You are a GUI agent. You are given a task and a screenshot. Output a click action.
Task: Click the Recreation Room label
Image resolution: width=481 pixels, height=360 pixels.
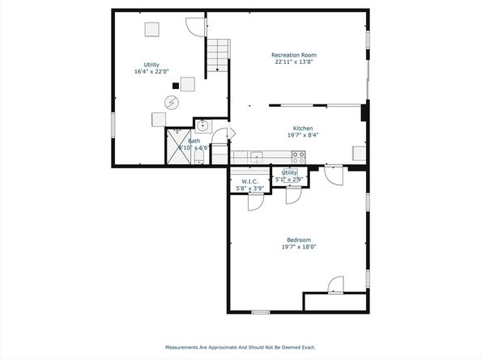point(294,55)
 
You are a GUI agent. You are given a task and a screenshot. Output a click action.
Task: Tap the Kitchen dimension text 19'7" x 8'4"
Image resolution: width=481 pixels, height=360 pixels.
point(303,135)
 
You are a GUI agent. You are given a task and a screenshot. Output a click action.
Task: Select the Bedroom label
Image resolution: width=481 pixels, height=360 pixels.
point(299,240)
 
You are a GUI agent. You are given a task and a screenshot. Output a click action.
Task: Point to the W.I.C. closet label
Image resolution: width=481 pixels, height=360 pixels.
point(249,182)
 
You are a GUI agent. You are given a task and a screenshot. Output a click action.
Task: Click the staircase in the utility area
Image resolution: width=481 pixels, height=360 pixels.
point(218,55)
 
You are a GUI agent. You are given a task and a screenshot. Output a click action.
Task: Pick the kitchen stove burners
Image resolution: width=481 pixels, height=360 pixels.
point(299,157)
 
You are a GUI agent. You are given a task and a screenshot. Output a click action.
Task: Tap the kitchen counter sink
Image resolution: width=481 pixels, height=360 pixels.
point(256,157)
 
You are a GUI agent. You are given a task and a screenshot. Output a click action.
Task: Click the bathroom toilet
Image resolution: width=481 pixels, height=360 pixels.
point(199,157)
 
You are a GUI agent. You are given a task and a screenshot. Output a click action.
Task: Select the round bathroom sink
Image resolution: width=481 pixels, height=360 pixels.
point(202,125)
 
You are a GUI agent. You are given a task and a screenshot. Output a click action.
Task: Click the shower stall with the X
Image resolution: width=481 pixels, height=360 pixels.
point(178,146)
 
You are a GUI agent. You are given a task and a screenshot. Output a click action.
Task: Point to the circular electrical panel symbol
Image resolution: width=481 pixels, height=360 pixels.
point(172,103)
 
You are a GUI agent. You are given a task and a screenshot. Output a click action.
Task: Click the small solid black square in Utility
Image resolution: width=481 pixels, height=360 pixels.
point(176,86)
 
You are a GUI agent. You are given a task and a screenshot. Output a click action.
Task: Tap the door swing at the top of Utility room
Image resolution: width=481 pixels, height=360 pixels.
point(195,28)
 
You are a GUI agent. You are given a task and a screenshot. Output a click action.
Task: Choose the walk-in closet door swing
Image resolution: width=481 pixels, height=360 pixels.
point(256,202)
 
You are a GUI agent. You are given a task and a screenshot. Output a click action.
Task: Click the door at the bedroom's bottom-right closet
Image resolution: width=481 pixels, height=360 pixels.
point(335,285)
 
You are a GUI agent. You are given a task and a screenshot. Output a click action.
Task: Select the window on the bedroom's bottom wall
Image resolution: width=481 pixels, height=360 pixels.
point(261,312)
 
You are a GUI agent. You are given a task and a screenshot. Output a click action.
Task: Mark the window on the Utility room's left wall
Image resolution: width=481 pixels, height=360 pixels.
point(113,125)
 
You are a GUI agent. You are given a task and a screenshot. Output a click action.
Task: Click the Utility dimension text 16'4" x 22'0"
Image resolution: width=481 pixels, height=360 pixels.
point(151,72)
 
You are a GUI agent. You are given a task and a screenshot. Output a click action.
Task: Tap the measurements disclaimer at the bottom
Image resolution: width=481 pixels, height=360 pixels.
point(240,347)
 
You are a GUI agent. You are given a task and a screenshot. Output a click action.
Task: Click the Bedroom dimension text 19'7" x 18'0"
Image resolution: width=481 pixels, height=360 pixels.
point(299,247)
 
